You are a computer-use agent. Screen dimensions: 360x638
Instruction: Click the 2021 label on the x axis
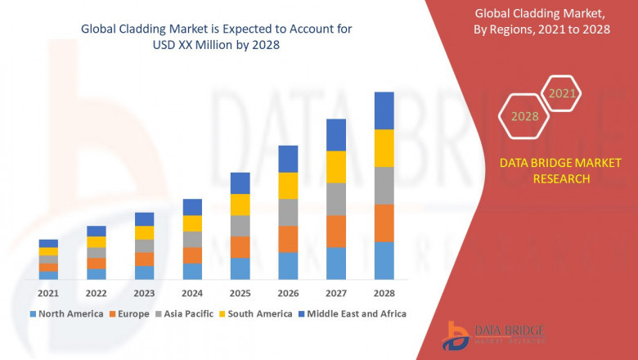(48, 293)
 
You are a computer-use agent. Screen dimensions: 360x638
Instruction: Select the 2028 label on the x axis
(384, 293)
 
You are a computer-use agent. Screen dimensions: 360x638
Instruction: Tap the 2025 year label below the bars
(240, 293)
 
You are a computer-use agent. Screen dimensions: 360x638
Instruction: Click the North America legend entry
(66, 313)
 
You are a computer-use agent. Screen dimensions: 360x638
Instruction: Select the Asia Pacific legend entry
(184, 313)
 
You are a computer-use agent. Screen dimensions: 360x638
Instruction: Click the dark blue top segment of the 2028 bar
(384, 110)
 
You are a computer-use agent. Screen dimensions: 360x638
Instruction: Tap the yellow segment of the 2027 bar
(336, 167)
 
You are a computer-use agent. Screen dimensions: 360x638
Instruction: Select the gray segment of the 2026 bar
(288, 212)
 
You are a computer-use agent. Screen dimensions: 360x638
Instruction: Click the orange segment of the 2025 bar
(240, 247)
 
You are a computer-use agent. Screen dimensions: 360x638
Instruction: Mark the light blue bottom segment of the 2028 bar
(384, 260)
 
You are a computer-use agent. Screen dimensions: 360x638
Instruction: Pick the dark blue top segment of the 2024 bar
(192, 207)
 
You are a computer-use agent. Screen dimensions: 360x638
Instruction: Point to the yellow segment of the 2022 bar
(97, 241)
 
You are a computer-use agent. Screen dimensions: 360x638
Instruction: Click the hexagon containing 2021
(562, 93)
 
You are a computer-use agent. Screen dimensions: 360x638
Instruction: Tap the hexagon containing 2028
(524, 116)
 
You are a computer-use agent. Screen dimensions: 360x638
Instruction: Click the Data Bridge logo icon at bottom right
(456, 335)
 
